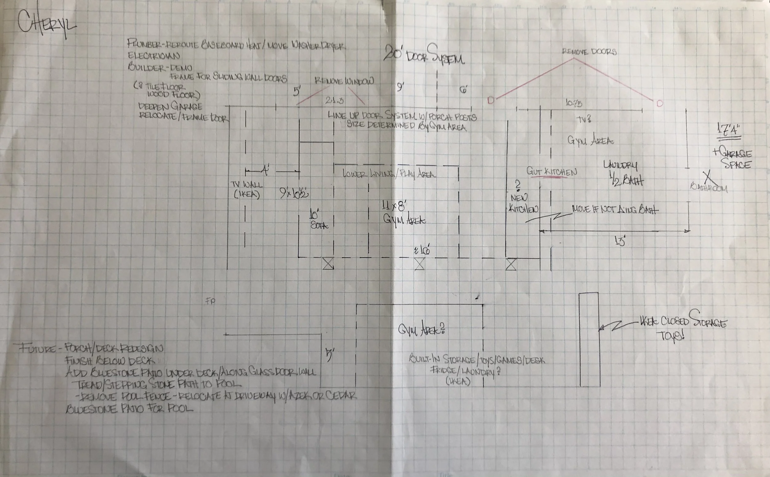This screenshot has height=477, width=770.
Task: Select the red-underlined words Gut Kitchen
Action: point(551,172)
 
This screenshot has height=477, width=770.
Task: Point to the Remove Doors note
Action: point(589,51)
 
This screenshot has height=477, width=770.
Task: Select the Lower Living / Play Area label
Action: point(389,174)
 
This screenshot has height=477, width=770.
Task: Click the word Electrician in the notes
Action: point(154,56)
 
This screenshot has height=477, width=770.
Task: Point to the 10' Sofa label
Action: point(318,220)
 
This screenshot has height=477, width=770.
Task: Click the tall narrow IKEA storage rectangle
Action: point(590,339)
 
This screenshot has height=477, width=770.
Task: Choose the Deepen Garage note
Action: point(170,106)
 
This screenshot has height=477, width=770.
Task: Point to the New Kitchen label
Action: point(523,203)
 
